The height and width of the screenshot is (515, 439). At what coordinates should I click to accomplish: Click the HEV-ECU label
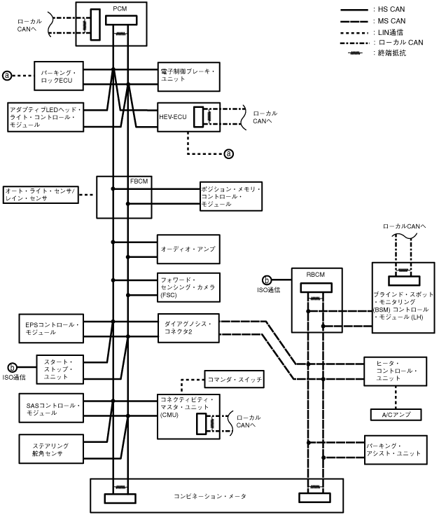coord(172,117)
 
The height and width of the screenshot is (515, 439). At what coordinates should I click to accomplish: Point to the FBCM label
coord(139,181)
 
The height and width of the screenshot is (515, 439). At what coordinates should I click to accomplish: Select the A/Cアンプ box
coord(396,414)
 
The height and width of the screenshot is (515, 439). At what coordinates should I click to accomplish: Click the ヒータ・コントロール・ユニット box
coord(396,371)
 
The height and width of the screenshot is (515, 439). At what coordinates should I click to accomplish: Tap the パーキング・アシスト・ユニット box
coord(396,449)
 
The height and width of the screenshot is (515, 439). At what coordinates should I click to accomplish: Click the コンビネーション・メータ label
coord(210,496)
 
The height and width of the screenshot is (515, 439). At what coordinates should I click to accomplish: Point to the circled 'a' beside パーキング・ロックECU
coord(8,75)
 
